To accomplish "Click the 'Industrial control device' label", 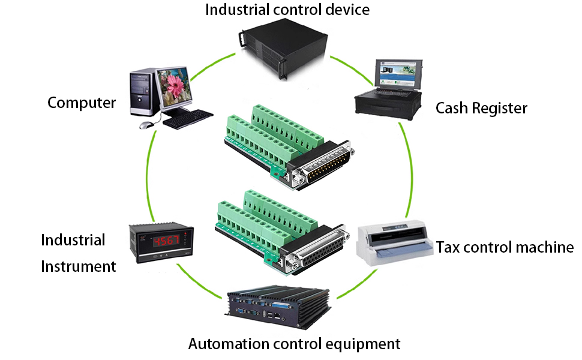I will point(287,10).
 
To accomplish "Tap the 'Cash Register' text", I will point(481,108).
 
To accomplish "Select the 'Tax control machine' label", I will point(505,247).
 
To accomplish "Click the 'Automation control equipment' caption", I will point(294,344).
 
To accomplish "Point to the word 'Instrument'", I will point(78,266).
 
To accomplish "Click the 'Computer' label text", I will point(82,103).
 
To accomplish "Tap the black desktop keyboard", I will point(188,118).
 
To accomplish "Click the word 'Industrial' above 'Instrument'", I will point(73,241).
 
